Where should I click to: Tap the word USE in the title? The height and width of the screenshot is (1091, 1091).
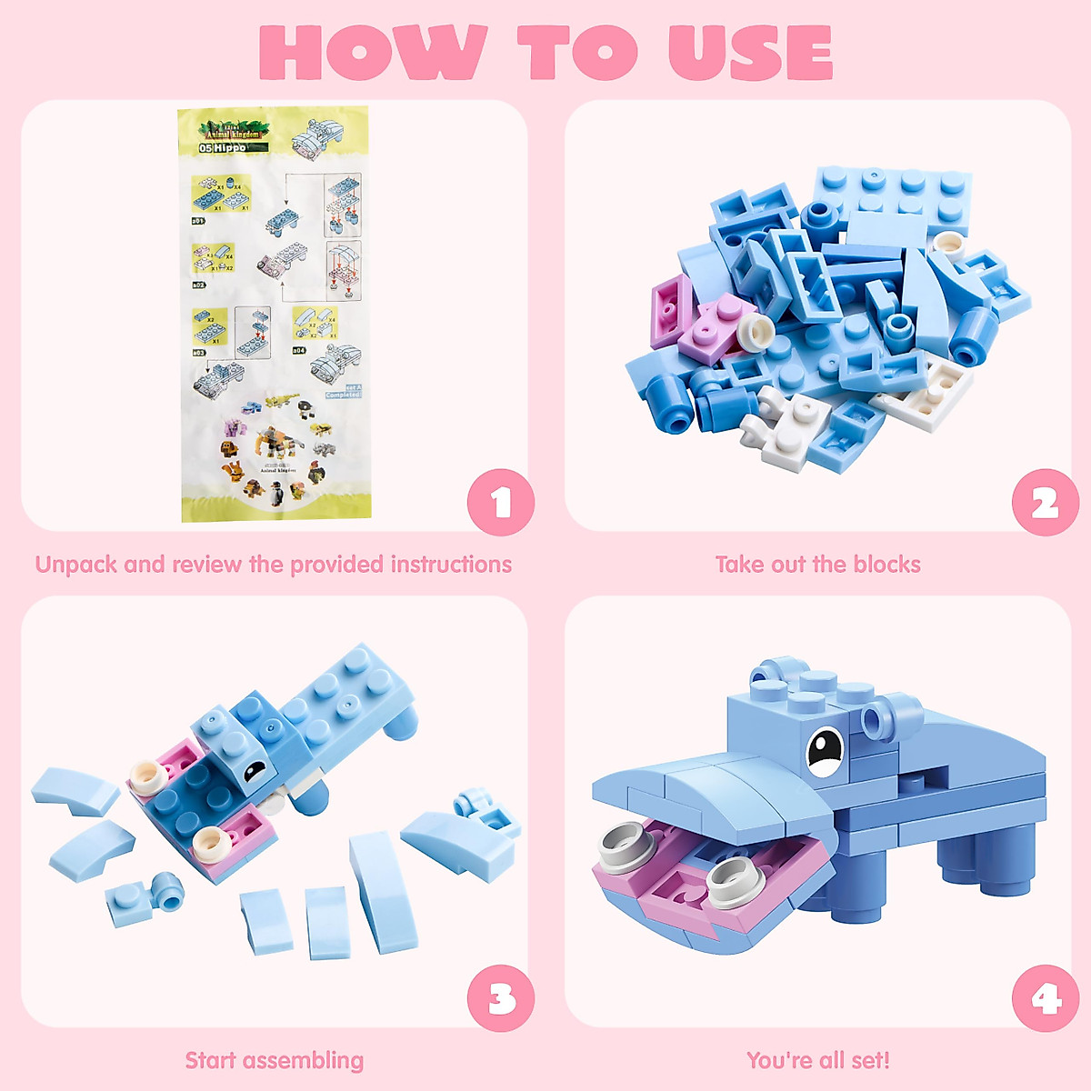[x=750, y=52]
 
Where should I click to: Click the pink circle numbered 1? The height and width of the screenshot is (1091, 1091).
[x=500, y=502]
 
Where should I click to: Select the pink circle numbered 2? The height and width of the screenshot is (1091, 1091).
[x=1045, y=502]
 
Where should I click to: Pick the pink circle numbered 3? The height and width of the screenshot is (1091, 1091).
[x=500, y=998]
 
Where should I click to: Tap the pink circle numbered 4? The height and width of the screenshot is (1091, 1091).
[x=1045, y=998]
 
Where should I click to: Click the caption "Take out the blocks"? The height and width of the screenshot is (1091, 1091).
[x=817, y=565]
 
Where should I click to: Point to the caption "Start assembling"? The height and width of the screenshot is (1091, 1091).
[x=274, y=1060]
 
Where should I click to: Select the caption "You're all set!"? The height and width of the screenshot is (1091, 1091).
[x=817, y=1060]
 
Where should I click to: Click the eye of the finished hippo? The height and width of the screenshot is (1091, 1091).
[x=826, y=751]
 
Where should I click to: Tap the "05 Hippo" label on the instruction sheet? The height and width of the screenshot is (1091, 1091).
[x=223, y=147]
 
